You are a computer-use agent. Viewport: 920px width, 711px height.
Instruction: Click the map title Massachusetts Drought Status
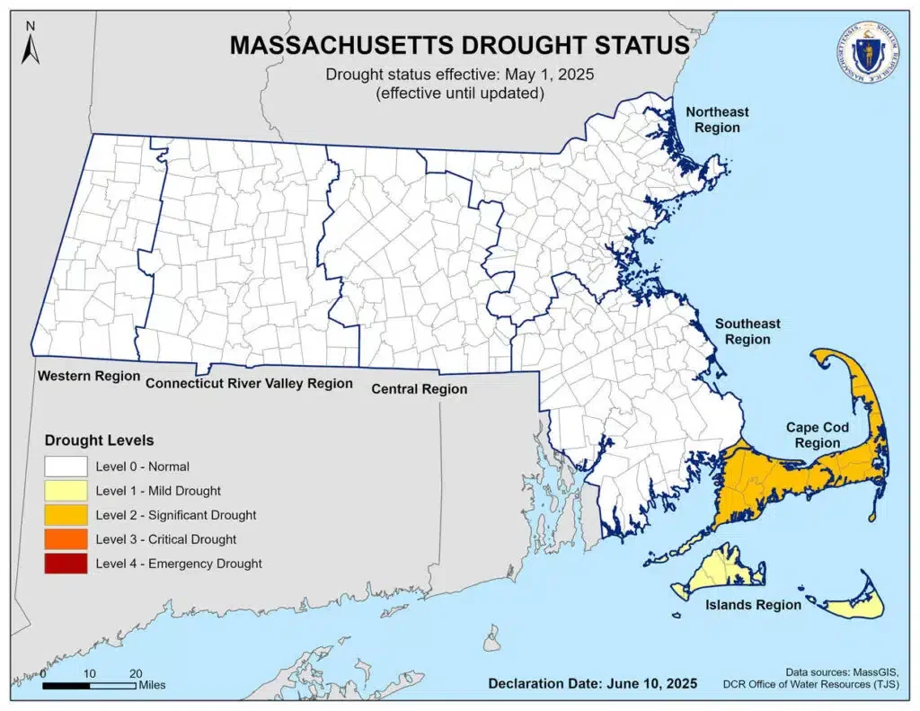pyautogui.click(x=460, y=45)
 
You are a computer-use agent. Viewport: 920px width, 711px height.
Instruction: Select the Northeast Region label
pyautogui.click(x=716, y=120)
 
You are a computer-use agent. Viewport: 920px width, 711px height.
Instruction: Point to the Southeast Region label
pyautogui.click(x=747, y=332)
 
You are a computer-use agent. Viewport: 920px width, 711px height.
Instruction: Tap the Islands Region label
pyautogui.click(x=752, y=605)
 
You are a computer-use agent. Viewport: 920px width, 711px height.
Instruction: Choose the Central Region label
pyautogui.click(x=420, y=389)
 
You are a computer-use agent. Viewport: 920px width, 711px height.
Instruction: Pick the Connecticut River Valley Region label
pyautogui.click(x=249, y=383)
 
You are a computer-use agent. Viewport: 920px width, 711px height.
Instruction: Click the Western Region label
pyautogui.click(x=88, y=376)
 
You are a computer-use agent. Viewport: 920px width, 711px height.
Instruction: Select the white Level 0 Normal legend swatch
pyautogui.click(x=66, y=467)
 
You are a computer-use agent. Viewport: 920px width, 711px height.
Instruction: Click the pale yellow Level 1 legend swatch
pyautogui.click(x=66, y=491)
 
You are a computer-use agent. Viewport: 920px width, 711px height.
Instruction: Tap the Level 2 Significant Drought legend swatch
pyautogui.click(x=66, y=515)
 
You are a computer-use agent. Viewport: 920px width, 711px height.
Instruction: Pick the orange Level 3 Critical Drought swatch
pyautogui.click(x=66, y=539)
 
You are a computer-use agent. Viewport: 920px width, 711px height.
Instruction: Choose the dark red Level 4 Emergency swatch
pyautogui.click(x=66, y=564)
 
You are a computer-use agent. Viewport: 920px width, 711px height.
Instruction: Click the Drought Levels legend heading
pyautogui.click(x=100, y=440)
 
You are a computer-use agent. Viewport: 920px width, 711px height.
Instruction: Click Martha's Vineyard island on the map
pyautogui.click(x=719, y=570)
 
